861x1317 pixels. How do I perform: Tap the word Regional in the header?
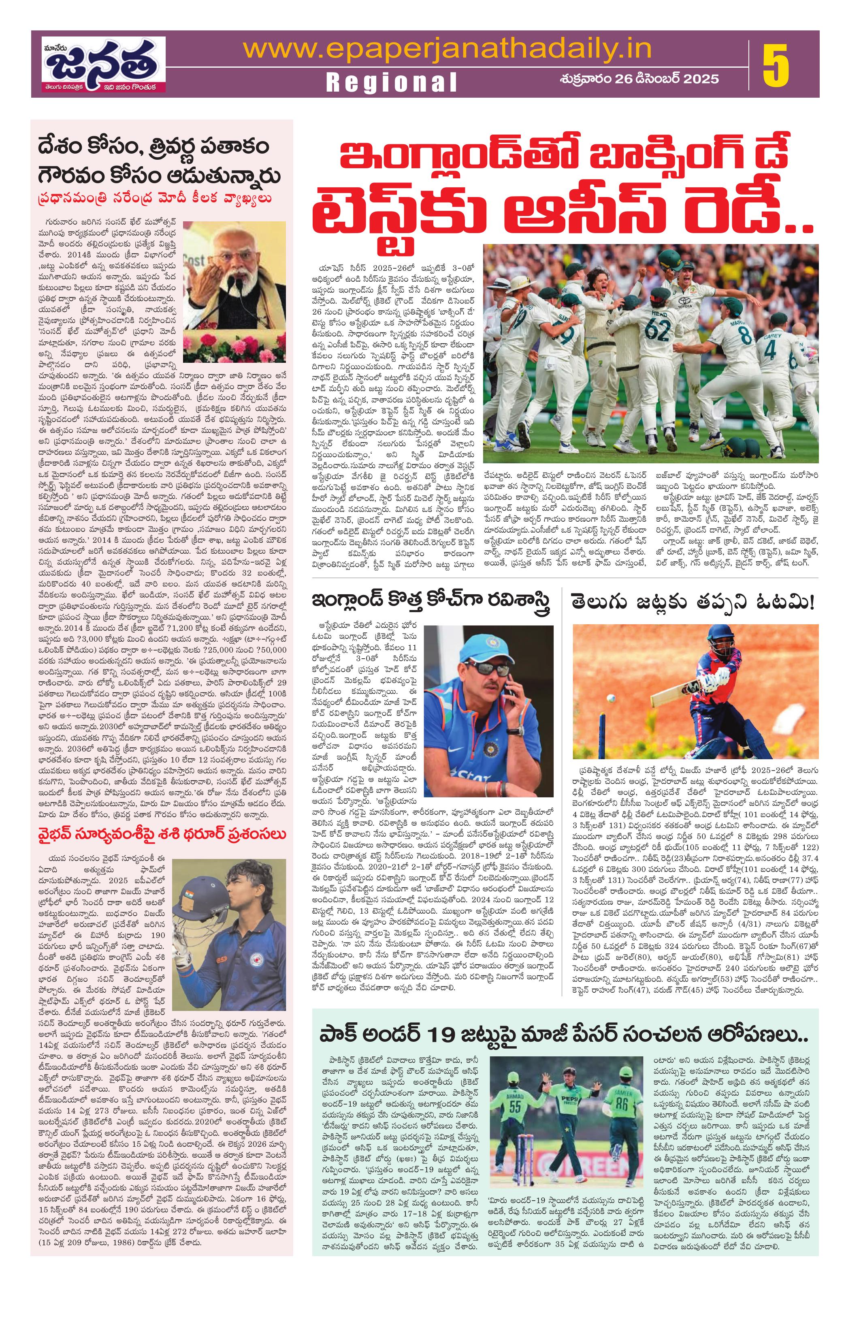click(x=392, y=82)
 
